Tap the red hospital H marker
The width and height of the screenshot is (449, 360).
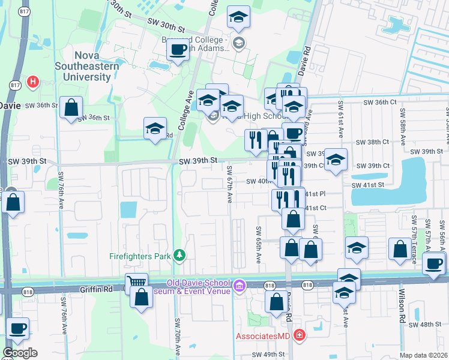click(x=33, y=81)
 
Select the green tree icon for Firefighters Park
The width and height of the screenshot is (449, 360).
click(x=178, y=256)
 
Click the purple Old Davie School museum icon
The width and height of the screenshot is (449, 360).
click(x=240, y=284)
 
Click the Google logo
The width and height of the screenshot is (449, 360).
click(x=20, y=353)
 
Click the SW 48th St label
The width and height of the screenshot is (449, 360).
click(x=427, y=324)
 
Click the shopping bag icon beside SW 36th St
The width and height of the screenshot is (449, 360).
click(x=71, y=108)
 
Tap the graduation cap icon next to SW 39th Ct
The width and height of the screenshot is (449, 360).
click(x=336, y=159)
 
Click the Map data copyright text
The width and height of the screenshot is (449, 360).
click(x=424, y=355)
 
